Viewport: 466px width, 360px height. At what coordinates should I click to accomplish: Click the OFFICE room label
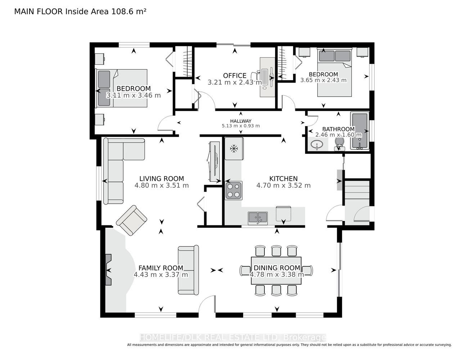[234, 76]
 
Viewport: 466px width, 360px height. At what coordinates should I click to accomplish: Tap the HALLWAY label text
[241, 121]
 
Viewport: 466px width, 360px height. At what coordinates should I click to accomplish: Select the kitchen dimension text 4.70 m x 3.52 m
[283, 185]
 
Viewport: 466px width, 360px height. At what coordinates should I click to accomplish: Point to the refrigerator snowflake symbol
[233, 148]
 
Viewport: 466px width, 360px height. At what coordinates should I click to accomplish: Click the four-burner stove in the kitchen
[234, 190]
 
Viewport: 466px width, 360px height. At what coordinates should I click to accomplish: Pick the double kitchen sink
[258, 217]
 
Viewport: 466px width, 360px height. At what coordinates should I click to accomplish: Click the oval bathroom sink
[317, 144]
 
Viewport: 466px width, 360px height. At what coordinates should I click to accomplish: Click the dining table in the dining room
[276, 271]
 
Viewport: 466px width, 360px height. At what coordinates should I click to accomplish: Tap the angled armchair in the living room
[131, 220]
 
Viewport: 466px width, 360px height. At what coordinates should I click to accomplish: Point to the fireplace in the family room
[108, 270]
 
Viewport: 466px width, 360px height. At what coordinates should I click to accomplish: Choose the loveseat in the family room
[188, 270]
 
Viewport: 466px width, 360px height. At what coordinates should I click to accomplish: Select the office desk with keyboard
[268, 77]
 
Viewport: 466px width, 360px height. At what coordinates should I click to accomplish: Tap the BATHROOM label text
[339, 129]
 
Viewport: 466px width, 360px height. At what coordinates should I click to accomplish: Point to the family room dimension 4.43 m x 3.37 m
[161, 274]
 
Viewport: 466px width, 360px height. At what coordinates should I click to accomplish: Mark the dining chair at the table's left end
[245, 271]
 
